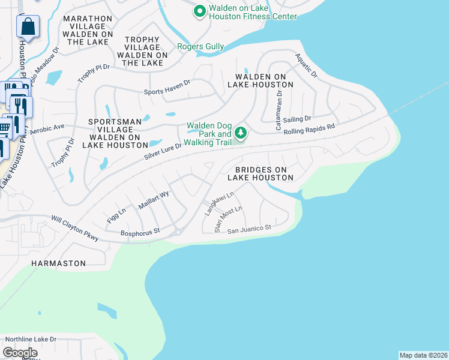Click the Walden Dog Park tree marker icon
[241, 132]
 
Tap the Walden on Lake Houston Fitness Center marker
[199, 11]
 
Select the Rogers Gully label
[200, 46]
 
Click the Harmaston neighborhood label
[59, 263]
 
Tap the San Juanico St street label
[249, 229]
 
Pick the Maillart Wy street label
[154, 199]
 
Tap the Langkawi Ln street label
[219, 201]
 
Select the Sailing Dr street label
[297, 119]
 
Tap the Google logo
[20, 353]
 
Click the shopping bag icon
[28, 26]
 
